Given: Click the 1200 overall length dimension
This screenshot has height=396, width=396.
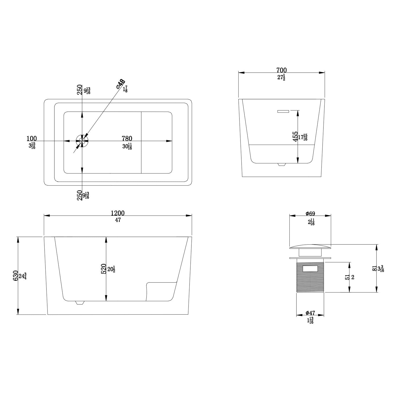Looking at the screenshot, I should coord(118,213).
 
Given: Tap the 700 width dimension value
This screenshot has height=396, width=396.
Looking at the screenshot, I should coord(281,70).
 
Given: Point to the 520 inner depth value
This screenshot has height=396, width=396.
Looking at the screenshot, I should coord(103,269).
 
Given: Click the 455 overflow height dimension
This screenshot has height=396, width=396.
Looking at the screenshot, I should coord(296,136).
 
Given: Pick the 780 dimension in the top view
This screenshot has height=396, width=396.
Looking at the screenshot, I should coord(127,138).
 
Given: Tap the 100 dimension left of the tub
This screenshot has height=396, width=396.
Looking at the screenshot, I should coord(32,138).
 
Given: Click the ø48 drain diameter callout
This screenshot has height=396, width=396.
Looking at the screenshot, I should coord(120,84).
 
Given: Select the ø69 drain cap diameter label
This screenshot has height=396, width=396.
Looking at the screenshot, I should coord(310,214).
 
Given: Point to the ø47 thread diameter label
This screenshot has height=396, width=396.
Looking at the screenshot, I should coord(310,313).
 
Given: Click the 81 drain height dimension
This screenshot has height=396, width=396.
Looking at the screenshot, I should coord(374,268).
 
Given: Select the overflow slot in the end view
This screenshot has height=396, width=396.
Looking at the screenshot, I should coord(283,111).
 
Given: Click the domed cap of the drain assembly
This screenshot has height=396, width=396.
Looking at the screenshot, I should coord(310,247).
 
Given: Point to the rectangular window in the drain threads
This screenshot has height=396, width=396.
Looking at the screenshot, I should coord(310,269).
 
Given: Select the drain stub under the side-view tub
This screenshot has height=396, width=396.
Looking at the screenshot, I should coord(80,303).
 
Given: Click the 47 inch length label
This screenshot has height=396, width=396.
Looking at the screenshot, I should coord(118,220).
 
